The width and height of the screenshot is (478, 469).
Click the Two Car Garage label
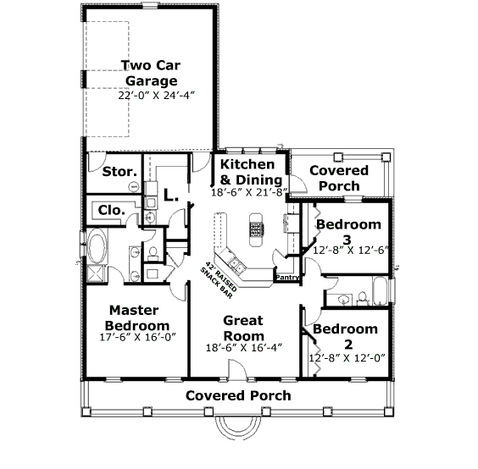(151, 73)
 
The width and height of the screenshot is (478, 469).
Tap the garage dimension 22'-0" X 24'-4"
(156, 96)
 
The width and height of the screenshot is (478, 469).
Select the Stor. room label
(119, 172)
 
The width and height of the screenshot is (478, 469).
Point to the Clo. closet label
(112, 210)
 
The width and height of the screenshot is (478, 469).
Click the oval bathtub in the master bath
(97, 246)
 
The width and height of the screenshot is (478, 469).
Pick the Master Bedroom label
(137, 318)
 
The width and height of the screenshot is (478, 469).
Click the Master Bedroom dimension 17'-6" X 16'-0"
(138, 338)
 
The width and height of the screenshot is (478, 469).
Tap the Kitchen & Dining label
(251, 172)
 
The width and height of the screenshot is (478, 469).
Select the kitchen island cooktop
(257, 229)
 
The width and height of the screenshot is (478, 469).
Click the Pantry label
(286, 278)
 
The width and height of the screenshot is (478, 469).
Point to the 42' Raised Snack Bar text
(219, 280)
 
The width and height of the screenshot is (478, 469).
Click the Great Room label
(243, 328)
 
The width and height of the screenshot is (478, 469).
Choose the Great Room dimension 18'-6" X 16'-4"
(244, 348)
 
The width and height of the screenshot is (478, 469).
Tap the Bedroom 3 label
(348, 232)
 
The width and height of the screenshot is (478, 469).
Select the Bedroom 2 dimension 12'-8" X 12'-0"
(347, 358)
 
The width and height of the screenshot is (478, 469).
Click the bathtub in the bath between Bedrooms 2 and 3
(380, 291)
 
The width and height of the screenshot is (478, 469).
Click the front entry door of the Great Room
(237, 370)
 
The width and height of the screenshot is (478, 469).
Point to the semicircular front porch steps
(238, 428)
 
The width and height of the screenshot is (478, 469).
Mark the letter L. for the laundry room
(170, 195)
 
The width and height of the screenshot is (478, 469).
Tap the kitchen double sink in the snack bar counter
(237, 265)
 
